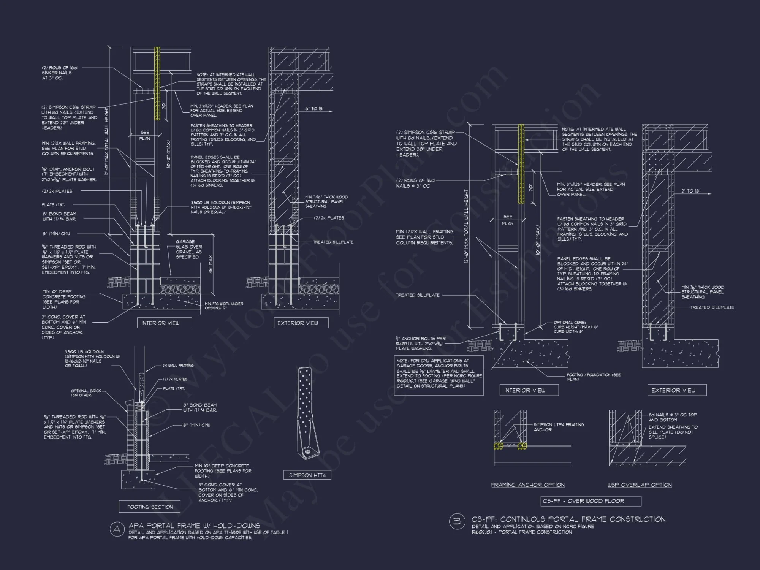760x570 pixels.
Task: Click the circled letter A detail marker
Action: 117,529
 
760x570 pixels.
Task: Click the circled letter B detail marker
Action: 457,521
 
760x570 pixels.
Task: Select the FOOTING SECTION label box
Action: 149,507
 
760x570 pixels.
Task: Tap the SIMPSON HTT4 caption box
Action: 307,475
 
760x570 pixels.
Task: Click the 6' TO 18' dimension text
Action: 314,109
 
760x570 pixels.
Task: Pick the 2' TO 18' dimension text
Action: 690,191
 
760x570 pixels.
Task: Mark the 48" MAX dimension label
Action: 211,264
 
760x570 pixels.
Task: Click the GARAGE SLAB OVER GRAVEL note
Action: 188,249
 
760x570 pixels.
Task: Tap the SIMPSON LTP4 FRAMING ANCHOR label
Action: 559,427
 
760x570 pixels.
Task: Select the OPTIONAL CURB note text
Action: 576,327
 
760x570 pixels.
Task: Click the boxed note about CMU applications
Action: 439,375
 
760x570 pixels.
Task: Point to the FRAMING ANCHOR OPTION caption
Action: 527,485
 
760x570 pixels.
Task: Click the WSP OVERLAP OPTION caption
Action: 639,485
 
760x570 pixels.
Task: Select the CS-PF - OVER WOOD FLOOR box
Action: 591,501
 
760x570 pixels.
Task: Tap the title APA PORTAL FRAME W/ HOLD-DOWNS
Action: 194,526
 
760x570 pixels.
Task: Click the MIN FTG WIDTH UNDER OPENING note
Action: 224,306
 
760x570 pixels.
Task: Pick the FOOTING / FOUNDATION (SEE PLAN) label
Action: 594,377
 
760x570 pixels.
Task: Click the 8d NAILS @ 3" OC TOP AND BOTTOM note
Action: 673,417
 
